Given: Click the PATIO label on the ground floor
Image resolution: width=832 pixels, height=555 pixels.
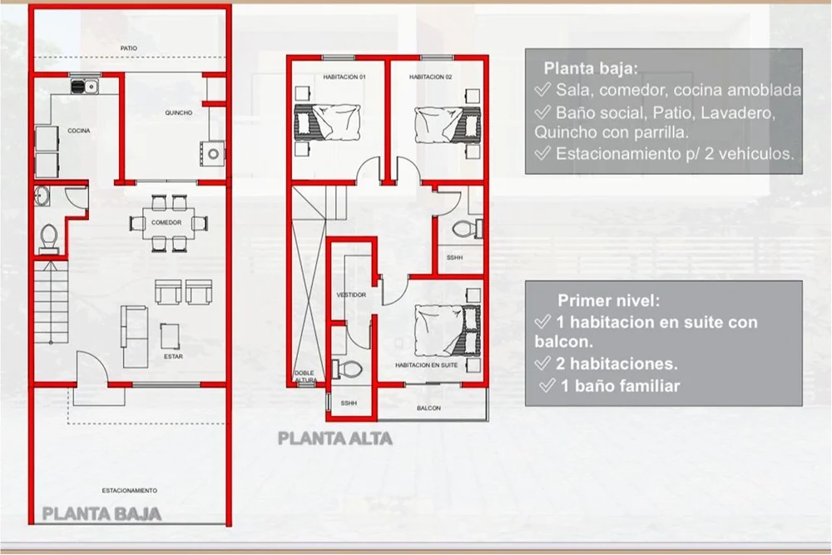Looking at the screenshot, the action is (128, 48).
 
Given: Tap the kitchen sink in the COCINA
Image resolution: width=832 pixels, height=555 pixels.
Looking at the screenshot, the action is (84, 86).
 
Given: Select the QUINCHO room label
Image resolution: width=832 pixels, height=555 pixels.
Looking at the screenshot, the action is (178, 113).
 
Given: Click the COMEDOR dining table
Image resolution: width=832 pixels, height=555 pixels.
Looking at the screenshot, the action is (166, 222).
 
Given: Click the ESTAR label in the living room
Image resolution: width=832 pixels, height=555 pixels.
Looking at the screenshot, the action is (173, 357).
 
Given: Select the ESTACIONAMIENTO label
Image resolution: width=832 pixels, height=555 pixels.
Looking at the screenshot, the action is (130, 491).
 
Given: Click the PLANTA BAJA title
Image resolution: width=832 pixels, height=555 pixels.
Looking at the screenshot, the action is (102, 514).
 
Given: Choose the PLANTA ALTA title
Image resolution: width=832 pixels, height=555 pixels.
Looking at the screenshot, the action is (335, 439).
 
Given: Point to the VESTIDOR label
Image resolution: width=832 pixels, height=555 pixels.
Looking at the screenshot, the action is (351, 295).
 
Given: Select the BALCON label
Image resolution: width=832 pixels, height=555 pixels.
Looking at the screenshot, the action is (428, 408).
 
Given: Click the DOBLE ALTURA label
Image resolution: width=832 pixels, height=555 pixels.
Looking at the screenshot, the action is (305, 377).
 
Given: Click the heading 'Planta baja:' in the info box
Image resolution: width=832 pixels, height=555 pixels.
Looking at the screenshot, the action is (591, 68).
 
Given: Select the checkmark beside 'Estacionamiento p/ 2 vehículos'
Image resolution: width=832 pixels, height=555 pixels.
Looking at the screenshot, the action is (542, 153).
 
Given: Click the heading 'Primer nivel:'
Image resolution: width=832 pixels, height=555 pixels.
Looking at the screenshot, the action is (609, 301).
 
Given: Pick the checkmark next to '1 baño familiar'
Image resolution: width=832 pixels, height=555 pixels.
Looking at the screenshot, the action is (547, 385).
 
